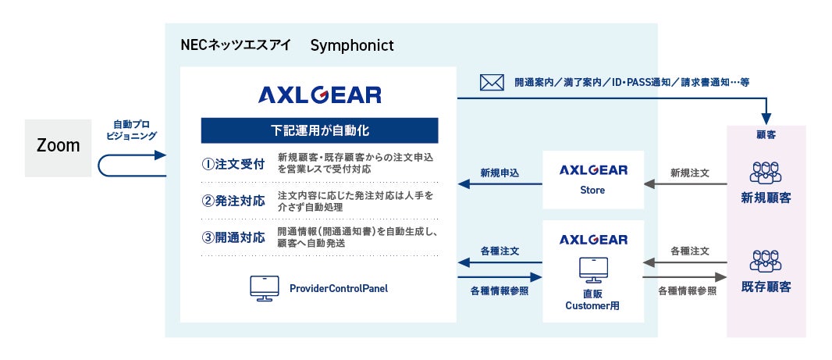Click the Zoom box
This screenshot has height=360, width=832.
(x=58, y=148)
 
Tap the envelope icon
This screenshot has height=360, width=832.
(x=492, y=82)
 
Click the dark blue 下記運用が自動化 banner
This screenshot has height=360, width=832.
(x=319, y=130)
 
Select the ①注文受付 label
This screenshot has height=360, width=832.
(x=233, y=165)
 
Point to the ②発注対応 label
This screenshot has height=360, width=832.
(x=233, y=201)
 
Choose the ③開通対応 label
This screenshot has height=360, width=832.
(x=233, y=237)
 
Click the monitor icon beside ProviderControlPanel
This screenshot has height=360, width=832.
(x=265, y=288)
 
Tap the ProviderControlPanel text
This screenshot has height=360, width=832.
(x=339, y=289)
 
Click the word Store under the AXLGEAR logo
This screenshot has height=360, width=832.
(x=592, y=190)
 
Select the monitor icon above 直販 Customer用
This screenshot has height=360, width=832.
(x=593, y=269)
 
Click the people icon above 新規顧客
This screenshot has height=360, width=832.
(x=766, y=173)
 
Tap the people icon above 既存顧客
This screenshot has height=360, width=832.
(x=766, y=261)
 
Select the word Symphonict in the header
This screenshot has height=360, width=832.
(x=352, y=45)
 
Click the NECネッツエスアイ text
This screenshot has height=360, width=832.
(x=236, y=45)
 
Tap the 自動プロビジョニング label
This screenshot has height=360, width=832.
(x=132, y=130)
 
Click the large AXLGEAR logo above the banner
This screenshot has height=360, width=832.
(x=319, y=95)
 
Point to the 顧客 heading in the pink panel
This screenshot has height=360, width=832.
(x=766, y=135)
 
